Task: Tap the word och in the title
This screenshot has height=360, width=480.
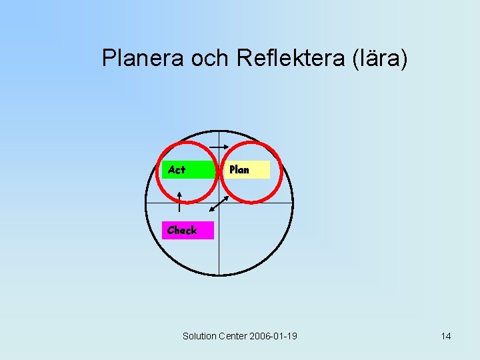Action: click(211, 59)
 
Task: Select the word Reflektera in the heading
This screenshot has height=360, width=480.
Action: click(289, 59)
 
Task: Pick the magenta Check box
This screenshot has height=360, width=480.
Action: click(188, 230)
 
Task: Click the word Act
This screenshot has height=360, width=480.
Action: click(177, 169)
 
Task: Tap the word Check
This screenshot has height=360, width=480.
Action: click(182, 230)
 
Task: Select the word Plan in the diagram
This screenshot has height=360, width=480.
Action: click(239, 169)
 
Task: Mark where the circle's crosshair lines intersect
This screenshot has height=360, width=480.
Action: click(219, 202)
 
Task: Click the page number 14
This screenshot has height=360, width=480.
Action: click(445, 336)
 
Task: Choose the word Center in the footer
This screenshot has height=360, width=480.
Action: click(233, 336)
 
